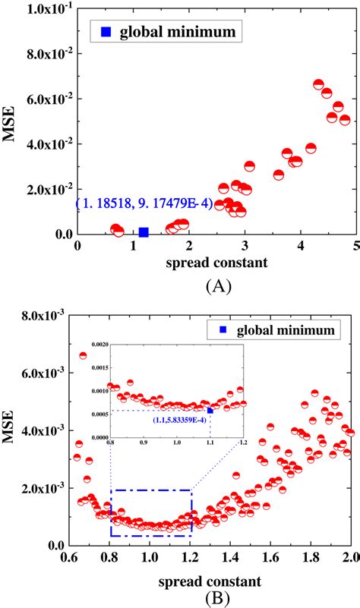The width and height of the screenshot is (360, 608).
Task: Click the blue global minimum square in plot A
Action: coord(144,232)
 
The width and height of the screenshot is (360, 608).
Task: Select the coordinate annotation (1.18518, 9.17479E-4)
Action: coord(134,203)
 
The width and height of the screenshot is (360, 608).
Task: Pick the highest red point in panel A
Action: coord(319,84)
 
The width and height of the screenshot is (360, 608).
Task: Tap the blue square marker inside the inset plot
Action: coord(210,411)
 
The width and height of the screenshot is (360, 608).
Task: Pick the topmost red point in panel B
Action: coord(84,355)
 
